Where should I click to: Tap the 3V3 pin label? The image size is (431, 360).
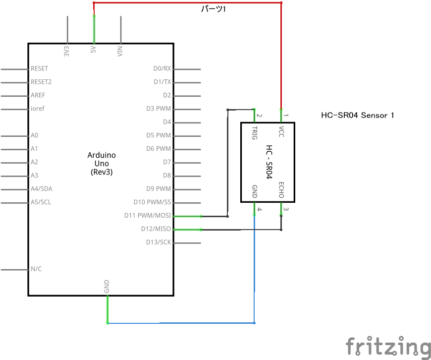click(x=66, y=51)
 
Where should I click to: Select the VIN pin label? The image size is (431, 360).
click(x=120, y=51)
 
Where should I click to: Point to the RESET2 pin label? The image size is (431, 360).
click(x=41, y=82)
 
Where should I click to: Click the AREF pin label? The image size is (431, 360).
click(x=38, y=95)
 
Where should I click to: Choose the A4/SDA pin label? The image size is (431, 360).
click(x=41, y=189)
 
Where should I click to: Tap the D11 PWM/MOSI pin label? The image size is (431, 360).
click(x=148, y=216)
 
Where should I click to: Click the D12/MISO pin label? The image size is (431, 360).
click(x=156, y=229)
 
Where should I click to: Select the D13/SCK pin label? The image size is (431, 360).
click(x=159, y=242)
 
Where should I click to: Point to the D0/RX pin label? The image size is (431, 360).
click(x=162, y=68)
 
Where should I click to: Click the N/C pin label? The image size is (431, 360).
click(x=36, y=269)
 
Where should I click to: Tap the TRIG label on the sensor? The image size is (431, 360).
click(x=255, y=133)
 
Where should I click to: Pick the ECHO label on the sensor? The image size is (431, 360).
click(x=281, y=190)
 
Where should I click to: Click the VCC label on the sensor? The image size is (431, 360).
click(x=281, y=131)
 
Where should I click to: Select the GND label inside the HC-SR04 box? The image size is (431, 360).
click(x=255, y=191)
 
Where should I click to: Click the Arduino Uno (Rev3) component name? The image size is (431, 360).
click(x=102, y=164)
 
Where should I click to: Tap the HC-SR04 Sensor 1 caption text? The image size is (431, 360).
click(x=358, y=116)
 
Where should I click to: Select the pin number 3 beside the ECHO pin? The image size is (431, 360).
click(x=286, y=209)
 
